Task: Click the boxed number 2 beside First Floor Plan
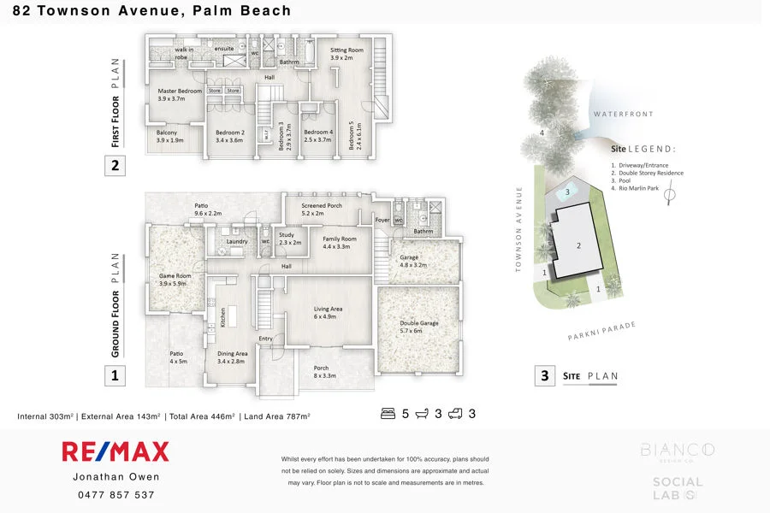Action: [x=116, y=165]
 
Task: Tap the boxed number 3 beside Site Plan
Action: [x=544, y=375]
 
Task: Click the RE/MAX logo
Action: [x=115, y=451]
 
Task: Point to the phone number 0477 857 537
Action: [x=116, y=495]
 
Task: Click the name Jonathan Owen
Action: [x=116, y=477]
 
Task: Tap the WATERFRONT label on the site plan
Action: [x=622, y=114]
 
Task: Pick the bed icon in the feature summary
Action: [x=388, y=414]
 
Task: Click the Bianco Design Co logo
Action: [x=678, y=451]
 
